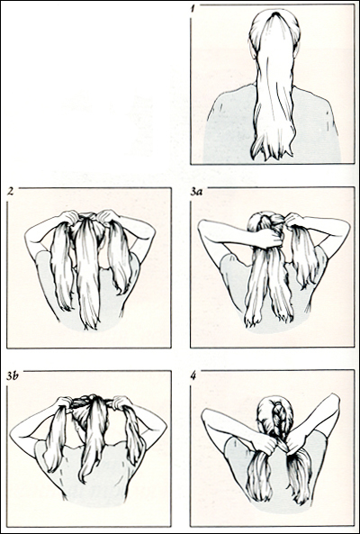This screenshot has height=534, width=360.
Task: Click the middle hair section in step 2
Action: pos(88,270)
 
